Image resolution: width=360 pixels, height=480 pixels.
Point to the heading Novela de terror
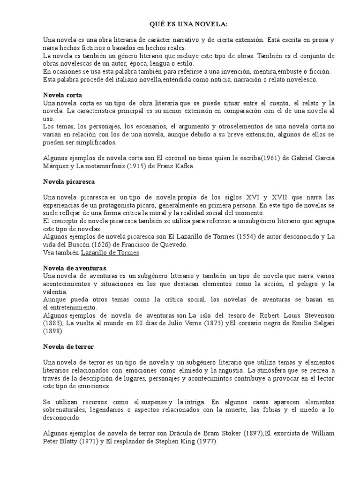[x=68, y=346]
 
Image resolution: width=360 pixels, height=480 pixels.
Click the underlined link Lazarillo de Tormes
[x=110, y=253]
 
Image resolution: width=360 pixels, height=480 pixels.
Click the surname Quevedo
[x=176, y=245]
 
